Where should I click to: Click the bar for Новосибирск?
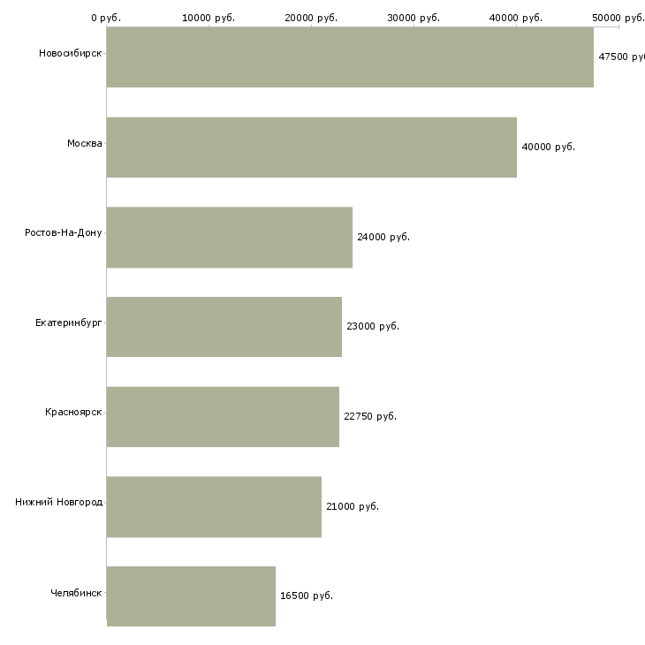[x=350, y=57]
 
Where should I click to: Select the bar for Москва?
[x=311, y=148]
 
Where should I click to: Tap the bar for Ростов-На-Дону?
[x=229, y=238]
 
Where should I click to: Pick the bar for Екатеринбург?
[x=224, y=327]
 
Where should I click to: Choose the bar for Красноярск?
[x=223, y=417]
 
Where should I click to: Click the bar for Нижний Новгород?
[x=214, y=506]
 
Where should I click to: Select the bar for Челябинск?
[x=191, y=596]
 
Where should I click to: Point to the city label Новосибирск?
[x=70, y=54]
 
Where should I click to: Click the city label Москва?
[x=85, y=143]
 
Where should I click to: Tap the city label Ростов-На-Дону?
[x=64, y=233]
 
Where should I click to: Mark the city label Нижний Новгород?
[x=58, y=503]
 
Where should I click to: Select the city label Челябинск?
[x=76, y=593]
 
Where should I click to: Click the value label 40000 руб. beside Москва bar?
[x=549, y=147]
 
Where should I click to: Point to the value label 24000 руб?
[x=383, y=237]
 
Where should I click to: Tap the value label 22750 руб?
[x=370, y=416]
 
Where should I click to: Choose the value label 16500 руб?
[x=307, y=596]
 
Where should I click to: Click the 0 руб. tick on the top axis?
[x=106, y=18]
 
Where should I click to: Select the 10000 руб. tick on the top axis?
[x=209, y=18]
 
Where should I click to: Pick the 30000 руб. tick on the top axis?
[x=414, y=18]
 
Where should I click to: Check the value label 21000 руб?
[x=353, y=506]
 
